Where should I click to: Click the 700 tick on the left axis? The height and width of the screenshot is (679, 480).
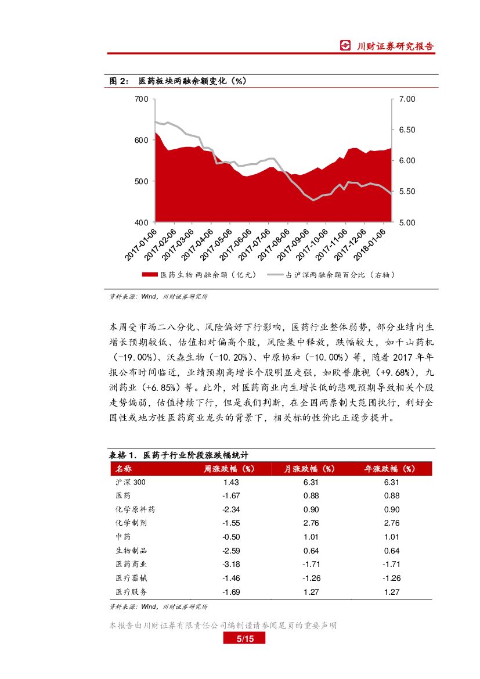tap(140, 99)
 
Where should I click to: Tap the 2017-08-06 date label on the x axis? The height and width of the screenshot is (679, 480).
tap(276, 244)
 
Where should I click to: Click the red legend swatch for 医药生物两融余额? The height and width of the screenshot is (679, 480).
tap(149, 275)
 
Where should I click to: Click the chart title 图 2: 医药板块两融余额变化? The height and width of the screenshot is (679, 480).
tap(178, 81)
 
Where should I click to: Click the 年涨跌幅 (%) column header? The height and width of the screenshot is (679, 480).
tap(391, 469)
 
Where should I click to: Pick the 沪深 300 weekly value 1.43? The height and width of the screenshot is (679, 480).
tap(231, 482)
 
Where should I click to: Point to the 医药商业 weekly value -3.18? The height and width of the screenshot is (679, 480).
tap(231, 564)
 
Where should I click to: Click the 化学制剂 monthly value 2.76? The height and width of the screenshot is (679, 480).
tap(311, 523)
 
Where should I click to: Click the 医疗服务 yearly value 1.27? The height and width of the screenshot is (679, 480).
tap(392, 592)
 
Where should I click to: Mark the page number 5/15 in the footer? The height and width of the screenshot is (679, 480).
tap(244, 639)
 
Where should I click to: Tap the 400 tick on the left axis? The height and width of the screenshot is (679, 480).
tap(140, 222)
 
